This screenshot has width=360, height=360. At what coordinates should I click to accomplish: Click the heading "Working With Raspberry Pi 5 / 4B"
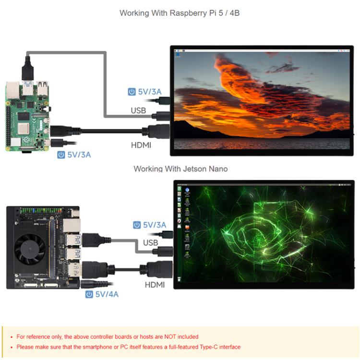(180, 13)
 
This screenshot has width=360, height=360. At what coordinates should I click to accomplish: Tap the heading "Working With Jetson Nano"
(180, 168)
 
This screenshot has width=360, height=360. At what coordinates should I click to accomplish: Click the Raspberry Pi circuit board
(27, 115)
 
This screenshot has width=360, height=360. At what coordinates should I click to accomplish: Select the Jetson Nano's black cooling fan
(30, 248)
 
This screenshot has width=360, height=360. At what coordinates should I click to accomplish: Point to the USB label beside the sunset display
(138, 111)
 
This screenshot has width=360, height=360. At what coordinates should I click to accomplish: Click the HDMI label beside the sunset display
(141, 144)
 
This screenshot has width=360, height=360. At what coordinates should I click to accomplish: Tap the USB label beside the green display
(150, 242)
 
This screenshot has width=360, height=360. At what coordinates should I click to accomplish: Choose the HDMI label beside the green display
(155, 285)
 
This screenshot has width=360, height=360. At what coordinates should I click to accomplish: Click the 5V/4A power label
(107, 294)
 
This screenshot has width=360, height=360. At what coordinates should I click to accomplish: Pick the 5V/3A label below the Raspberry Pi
(79, 155)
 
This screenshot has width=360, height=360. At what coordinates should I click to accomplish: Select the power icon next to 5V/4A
(89, 294)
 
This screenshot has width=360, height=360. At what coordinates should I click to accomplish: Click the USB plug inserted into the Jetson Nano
(90, 240)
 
